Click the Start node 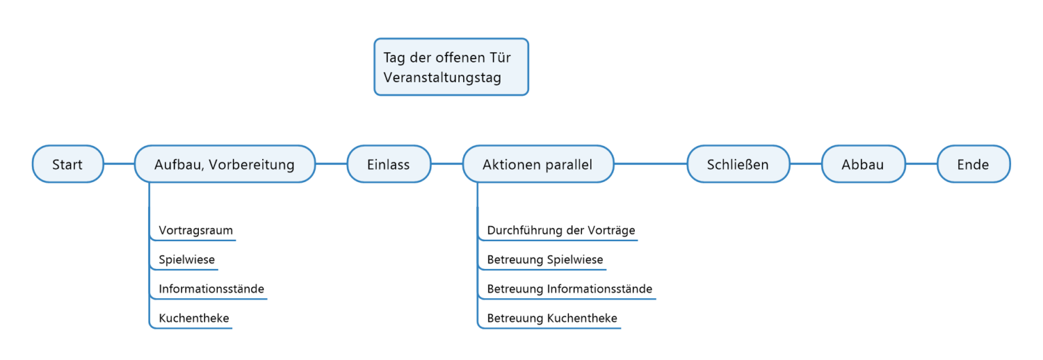[x=67, y=164]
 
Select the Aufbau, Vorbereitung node [x=225, y=164]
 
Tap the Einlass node [x=388, y=164]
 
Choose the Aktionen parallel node [x=538, y=164]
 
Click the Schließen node [x=737, y=164]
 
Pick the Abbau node [x=863, y=164]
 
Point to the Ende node [x=973, y=164]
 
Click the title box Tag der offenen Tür [x=451, y=67]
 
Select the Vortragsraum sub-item [x=196, y=230]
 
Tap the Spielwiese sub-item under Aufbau [x=187, y=259]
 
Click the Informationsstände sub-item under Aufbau [x=211, y=289]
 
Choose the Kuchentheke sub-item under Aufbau [x=194, y=318]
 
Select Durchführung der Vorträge [x=561, y=230]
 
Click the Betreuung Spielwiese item [x=545, y=259]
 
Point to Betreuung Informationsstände [x=569, y=289]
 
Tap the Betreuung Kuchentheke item [x=551, y=318]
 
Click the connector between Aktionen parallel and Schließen [x=651, y=164]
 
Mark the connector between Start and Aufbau [x=119, y=164]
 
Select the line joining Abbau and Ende [x=921, y=164]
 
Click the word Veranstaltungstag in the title [x=442, y=77]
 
